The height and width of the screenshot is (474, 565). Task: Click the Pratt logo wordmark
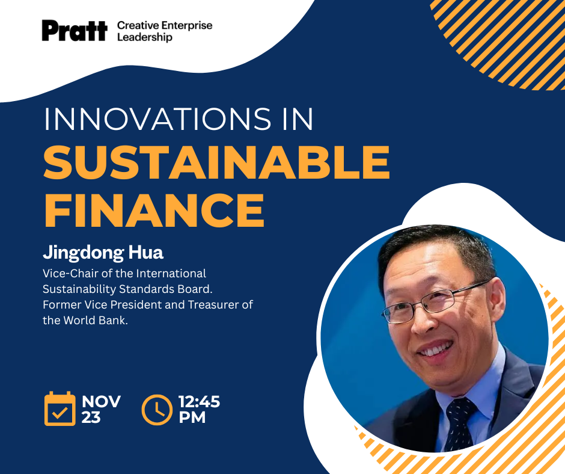coord(74,31)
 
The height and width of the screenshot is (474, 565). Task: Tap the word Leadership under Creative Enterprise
coord(145,37)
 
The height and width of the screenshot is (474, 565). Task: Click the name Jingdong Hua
coord(103,253)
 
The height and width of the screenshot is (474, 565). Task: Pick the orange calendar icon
coord(60,408)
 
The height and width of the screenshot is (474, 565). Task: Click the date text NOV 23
coord(101,409)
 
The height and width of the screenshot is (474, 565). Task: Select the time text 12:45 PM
coord(199,409)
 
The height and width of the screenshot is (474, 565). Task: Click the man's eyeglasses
coord(434,304)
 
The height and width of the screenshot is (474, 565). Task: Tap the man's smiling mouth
coord(438,350)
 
